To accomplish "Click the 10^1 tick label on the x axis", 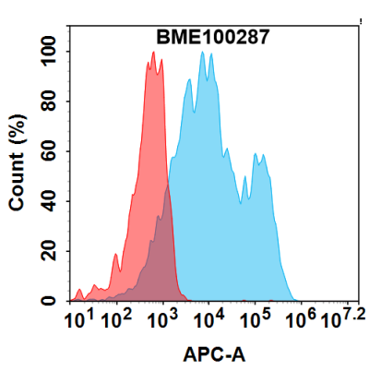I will [x=77, y=320].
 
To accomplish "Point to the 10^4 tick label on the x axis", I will [x=209, y=320].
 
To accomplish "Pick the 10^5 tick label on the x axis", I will [x=254, y=320].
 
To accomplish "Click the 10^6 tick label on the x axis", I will [x=298, y=320].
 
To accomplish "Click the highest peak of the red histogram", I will [x=153, y=54].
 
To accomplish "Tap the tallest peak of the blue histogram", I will [x=201, y=53].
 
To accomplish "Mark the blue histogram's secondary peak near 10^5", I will [x=264, y=158].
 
